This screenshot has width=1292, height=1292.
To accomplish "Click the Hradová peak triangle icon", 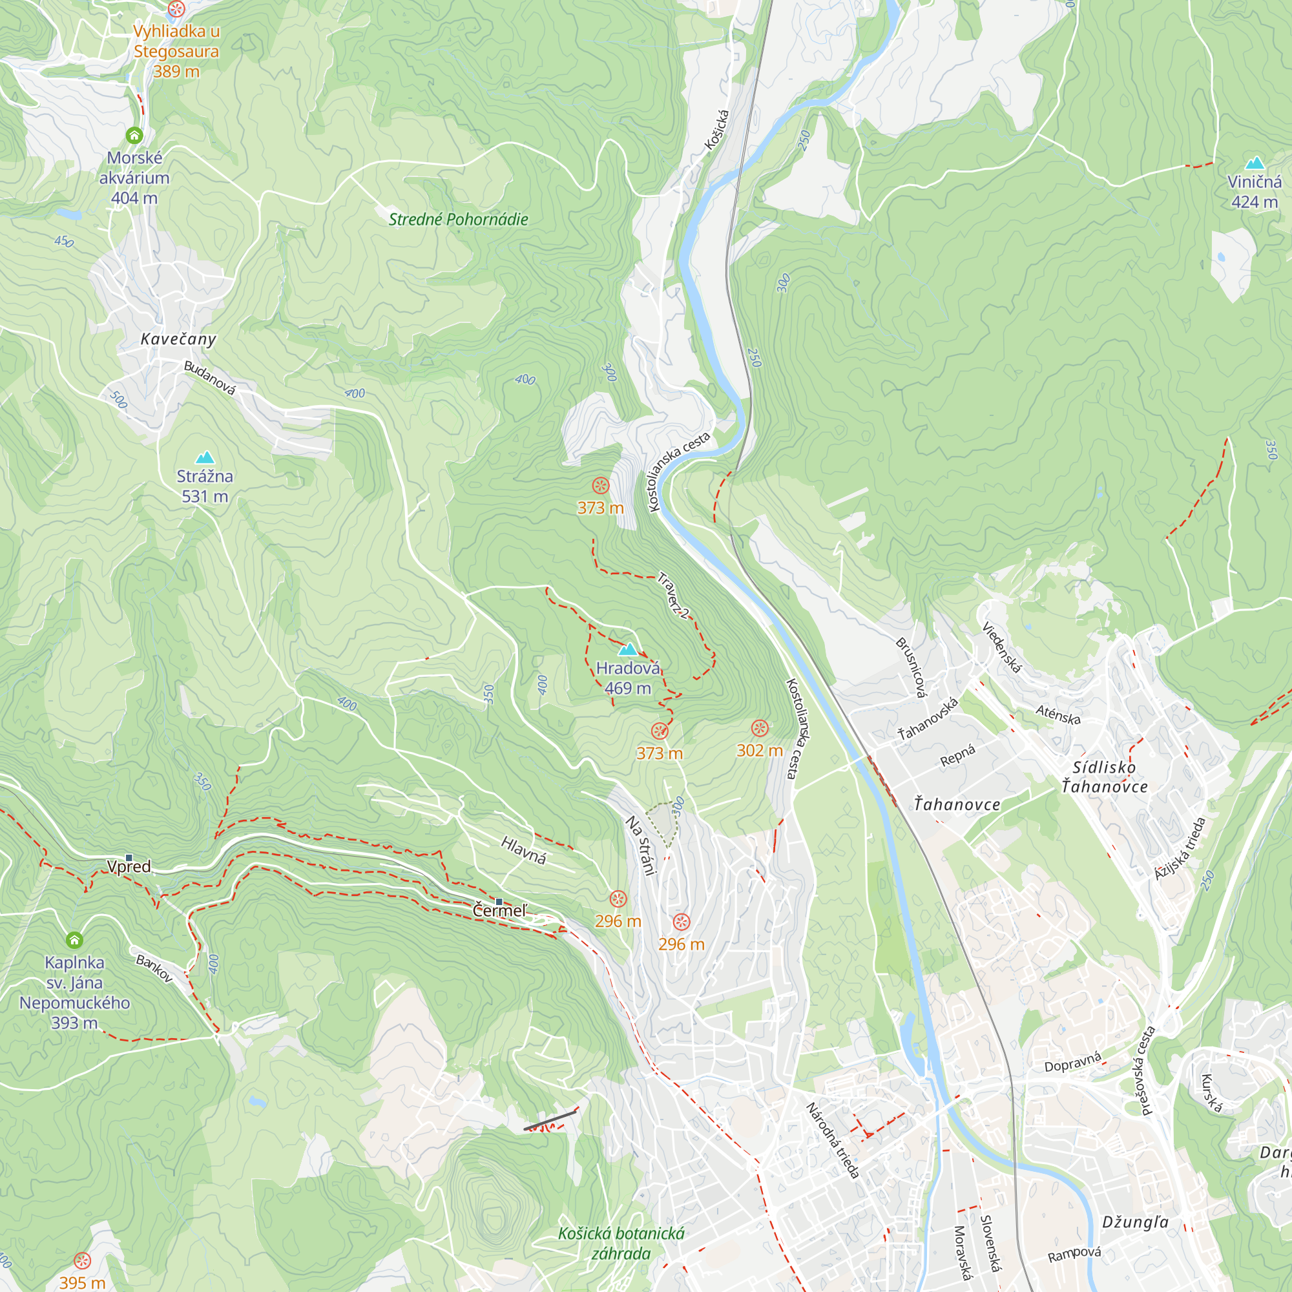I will click(x=627, y=649).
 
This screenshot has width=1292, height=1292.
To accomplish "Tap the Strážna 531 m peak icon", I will click(x=205, y=457).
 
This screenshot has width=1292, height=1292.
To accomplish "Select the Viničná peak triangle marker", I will click(x=1255, y=163).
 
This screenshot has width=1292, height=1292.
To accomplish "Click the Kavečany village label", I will click(x=178, y=339).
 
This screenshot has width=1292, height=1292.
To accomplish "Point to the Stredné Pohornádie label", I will click(x=458, y=220).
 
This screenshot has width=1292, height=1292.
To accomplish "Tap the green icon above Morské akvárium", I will click(x=134, y=136).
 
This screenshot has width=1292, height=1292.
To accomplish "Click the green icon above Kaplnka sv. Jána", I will click(x=74, y=940).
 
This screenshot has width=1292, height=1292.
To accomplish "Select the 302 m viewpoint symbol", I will click(x=759, y=727).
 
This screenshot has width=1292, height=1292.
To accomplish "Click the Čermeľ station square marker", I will click(x=499, y=901).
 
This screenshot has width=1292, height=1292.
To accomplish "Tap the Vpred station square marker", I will click(x=129, y=857).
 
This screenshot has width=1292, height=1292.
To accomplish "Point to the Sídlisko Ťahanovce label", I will click(x=1104, y=776).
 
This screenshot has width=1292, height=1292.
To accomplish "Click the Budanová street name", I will click(x=210, y=378).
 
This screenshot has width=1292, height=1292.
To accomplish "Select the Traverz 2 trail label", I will click(x=673, y=595).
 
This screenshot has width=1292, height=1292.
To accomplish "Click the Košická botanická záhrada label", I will click(x=621, y=1243).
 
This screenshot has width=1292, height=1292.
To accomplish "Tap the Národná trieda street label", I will click(x=833, y=1140).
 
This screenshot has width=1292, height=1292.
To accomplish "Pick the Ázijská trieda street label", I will click(x=1180, y=849).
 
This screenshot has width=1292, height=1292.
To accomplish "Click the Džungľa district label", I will click(x=1136, y=1222).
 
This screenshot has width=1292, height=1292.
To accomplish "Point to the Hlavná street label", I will click(x=524, y=850).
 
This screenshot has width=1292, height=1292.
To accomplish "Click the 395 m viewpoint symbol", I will click(x=82, y=1260).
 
